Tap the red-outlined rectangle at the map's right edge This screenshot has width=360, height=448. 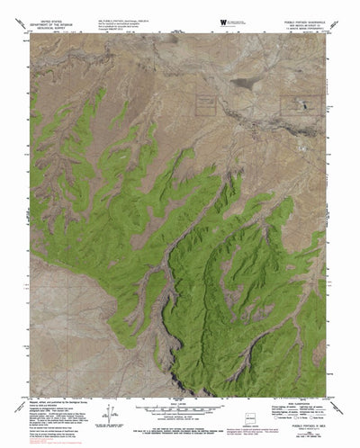point(301,106)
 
